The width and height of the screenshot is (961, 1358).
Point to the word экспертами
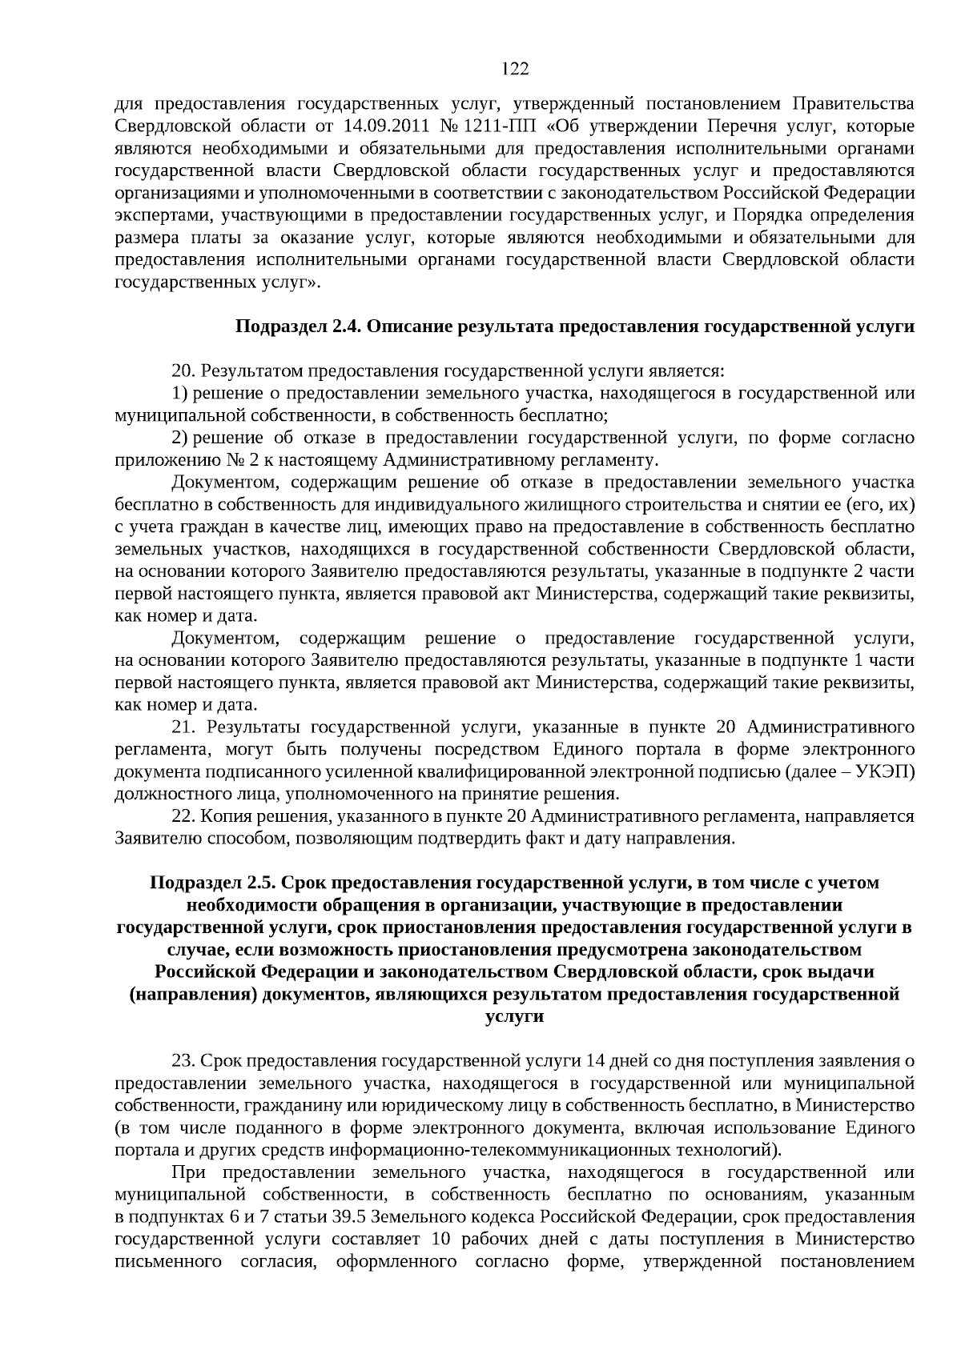(x=163, y=215)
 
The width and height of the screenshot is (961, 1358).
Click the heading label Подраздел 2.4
(x=299, y=327)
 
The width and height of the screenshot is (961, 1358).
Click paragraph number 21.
(x=183, y=727)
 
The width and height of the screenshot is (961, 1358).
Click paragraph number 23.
(x=183, y=1061)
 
